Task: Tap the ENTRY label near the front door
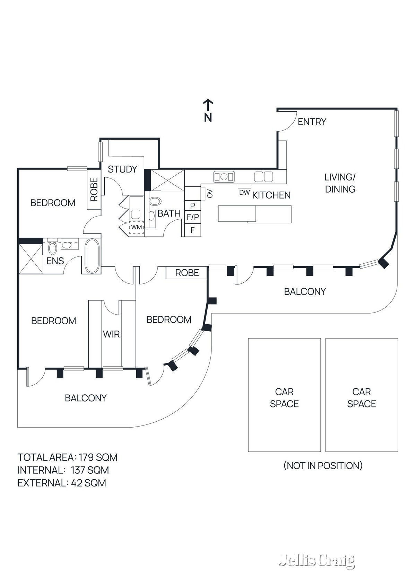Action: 312,122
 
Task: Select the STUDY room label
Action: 122,169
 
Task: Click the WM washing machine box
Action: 136,228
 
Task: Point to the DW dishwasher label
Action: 244,193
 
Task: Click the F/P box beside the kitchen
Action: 193,217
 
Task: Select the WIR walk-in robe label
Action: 111,334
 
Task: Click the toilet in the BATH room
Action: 155,201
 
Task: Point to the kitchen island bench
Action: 255,214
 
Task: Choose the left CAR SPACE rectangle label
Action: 284,398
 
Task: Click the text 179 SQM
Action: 98,457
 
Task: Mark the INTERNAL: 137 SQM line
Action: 63,470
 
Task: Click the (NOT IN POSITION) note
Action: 323,465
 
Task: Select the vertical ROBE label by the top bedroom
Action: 94,190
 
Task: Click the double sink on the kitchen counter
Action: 224,177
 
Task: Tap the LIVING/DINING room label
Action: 340,183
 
